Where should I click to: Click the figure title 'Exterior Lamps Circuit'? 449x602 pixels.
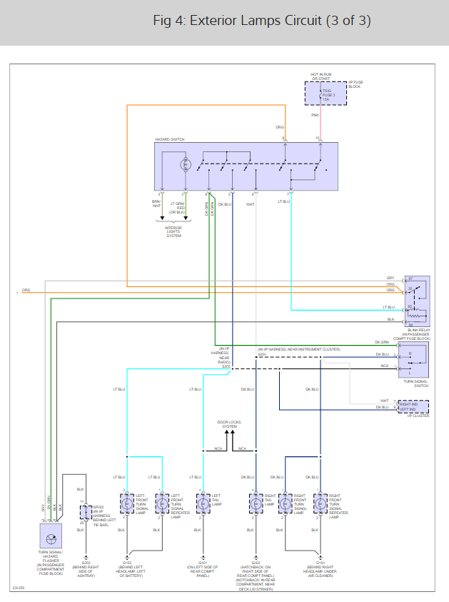point(262,21)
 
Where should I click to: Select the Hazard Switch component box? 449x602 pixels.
point(246,166)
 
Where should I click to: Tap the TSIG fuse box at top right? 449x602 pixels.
point(326,93)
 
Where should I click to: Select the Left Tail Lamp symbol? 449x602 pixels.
point(203,501)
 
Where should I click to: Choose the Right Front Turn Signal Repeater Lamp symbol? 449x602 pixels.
point(317,501)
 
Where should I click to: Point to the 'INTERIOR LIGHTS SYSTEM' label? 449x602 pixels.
point(173,232)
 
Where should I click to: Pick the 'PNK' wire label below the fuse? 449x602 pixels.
point(315,114)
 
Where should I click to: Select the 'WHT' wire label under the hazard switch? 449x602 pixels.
point(250,204)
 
